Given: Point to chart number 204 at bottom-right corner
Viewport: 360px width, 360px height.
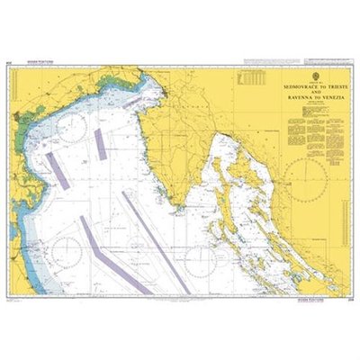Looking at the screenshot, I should point(346,295).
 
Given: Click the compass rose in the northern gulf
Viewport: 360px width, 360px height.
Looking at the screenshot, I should point(70,129).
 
